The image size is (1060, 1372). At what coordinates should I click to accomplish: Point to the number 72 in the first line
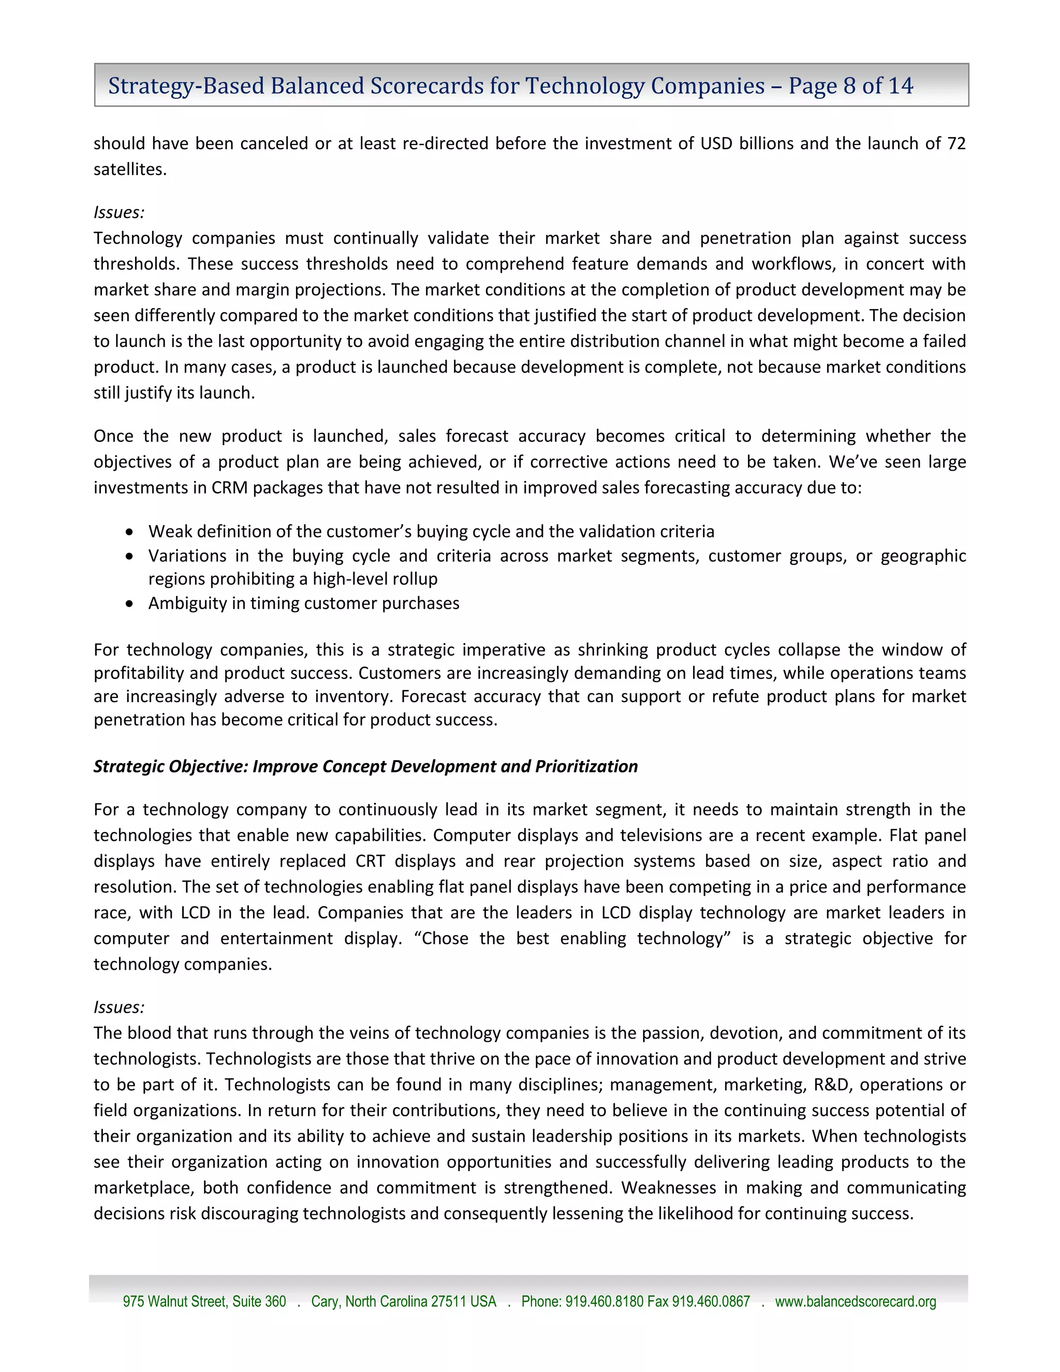coord(956,143)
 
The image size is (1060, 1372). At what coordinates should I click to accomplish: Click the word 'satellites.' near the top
coord(130,170)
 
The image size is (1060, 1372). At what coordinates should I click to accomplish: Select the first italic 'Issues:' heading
coord(119,212)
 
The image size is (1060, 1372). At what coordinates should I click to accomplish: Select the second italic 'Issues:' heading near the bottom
coord(119,1007)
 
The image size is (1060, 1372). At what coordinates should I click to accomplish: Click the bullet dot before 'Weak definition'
coord(129,532)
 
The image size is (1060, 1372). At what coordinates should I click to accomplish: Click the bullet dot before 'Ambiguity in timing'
coord(129,604)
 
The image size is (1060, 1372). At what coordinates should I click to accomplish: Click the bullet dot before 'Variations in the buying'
coord(129,557)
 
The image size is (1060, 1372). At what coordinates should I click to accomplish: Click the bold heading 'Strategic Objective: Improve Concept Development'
coord(365,766)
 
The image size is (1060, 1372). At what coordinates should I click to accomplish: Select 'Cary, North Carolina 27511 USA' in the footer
coord(403,1302)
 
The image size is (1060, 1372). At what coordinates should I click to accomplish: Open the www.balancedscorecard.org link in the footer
coord(855,1302)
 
